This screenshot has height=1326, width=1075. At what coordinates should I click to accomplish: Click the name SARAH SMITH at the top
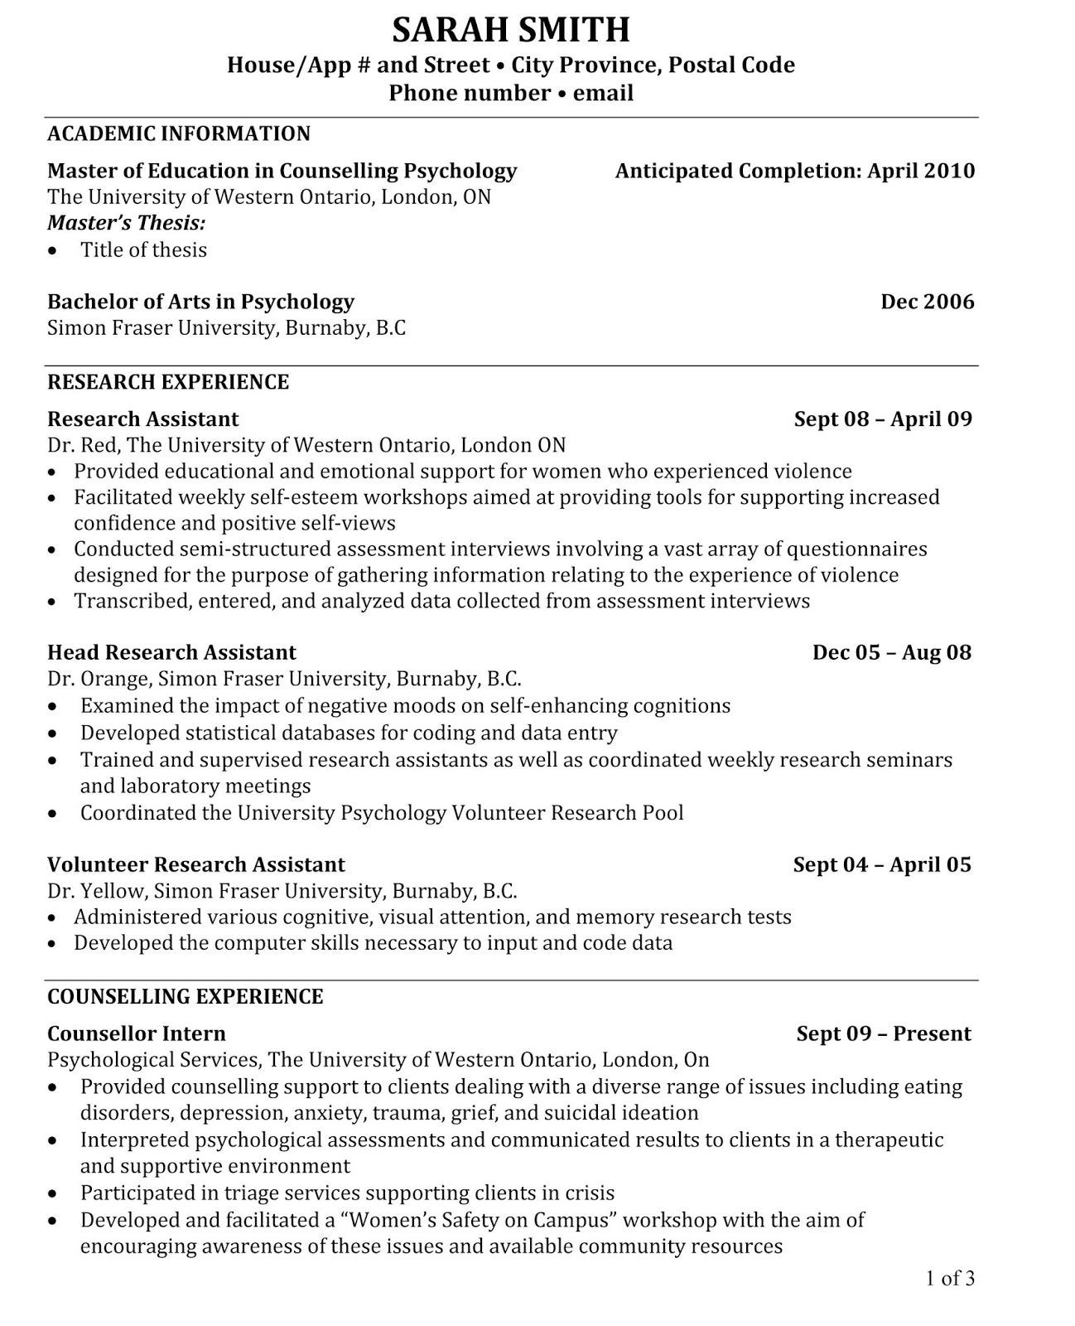[x=511, y=31]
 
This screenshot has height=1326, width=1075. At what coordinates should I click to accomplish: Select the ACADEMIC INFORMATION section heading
[x=179, y=133]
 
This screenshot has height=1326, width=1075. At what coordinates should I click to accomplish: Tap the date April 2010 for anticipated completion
[x=921, y=171]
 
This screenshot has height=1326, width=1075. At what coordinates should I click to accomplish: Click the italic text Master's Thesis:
[x=127, y=223]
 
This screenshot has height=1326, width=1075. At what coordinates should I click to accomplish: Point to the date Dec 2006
[x=928, y=302]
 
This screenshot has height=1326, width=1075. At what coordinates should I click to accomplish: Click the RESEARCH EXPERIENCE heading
[x=168, y=382]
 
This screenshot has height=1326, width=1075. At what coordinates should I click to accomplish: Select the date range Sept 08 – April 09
[x=883, y=419]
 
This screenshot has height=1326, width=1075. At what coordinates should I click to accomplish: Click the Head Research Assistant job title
[x=171, y=652]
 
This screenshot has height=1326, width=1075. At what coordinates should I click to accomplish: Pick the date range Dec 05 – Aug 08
[x=891, y=652]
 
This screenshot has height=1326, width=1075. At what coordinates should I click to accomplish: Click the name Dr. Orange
[x=99, y=680]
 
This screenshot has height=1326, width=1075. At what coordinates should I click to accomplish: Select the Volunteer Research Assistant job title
[x=196, y=864]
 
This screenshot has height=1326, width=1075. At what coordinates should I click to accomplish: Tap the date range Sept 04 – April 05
[x=881, y=864]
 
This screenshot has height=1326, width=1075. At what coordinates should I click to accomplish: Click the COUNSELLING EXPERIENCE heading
[x=186, y=996]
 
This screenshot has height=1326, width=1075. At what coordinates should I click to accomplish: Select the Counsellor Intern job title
[x=137, y=1033]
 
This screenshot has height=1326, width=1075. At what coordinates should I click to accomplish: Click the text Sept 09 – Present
[x=884, y=1033]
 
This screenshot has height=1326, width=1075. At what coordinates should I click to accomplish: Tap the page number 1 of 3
[x=950, y=1278]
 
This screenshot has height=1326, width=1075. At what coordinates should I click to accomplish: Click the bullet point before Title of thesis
[x=54, y=251]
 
